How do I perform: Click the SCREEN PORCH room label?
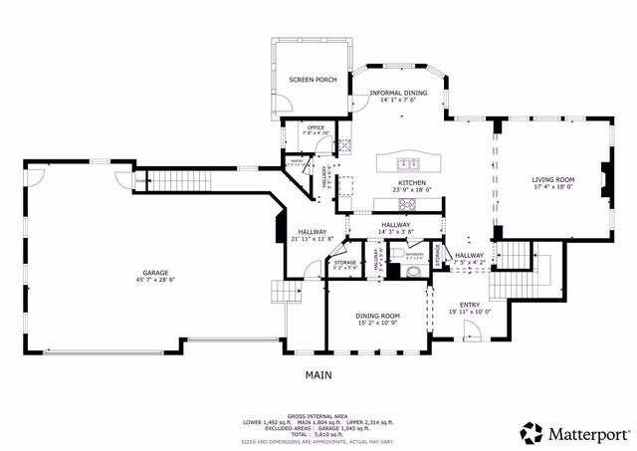[x=309, y=79]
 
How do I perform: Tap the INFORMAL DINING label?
[x=398, y=93]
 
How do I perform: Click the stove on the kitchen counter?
[x=406, y=205]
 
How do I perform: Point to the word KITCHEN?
[x=412, y=183]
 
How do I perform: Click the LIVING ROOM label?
[x=554, y=178]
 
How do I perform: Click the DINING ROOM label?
[x=377, y=316]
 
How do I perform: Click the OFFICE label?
[x=316, y=127]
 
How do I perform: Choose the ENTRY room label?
[x=470, y=305]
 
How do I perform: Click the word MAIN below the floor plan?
[x=318, y=375]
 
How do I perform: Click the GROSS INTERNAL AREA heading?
[x=318, y=415]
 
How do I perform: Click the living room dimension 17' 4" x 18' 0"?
[x=554, y=186]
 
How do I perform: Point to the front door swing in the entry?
[x=471, y=337]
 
